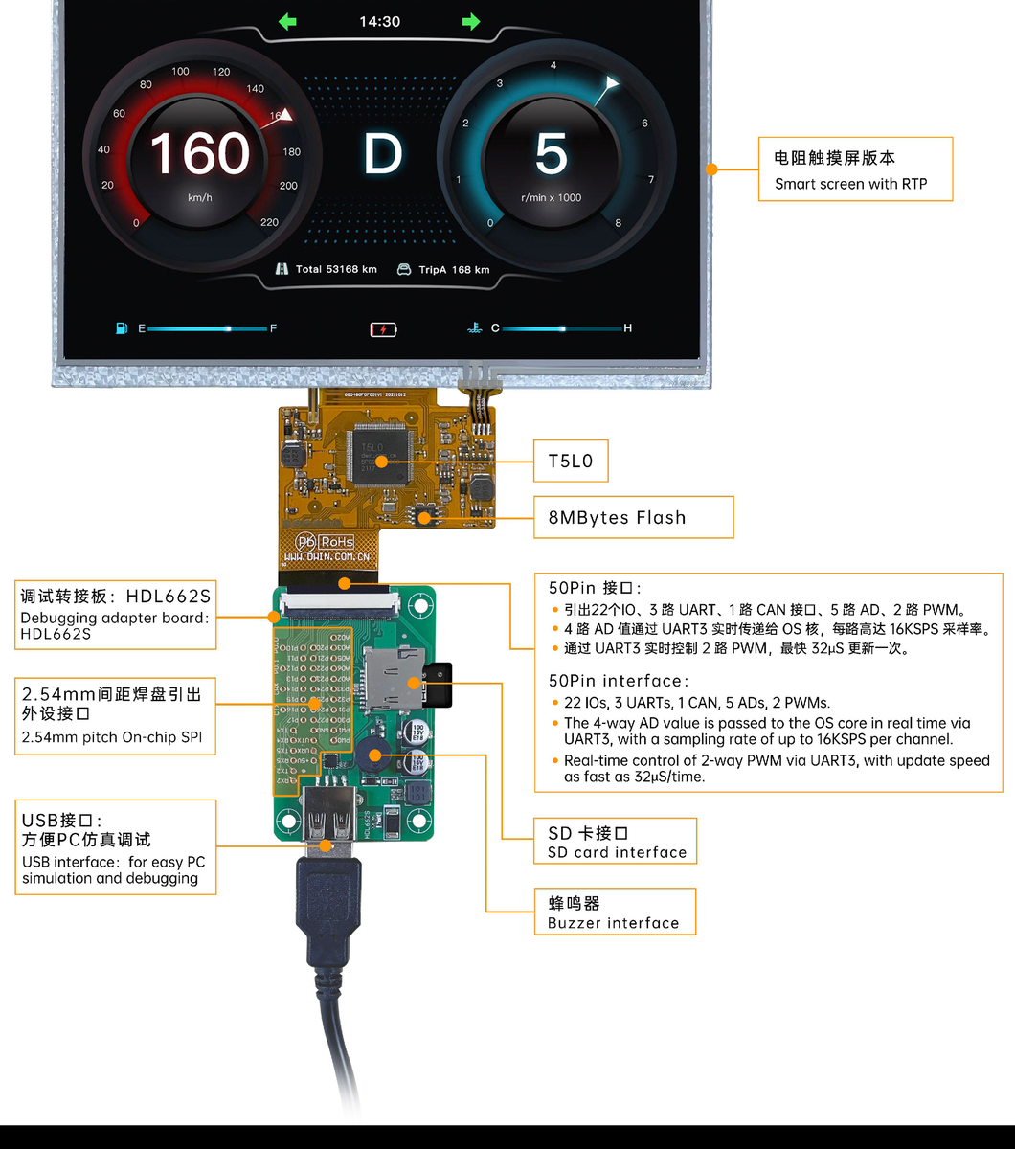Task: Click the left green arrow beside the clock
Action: pos(287,21)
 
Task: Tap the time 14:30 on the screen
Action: pos(379,21)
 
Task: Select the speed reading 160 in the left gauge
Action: pos(199,153)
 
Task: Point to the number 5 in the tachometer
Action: pos(551,154)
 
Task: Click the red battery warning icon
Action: pos(382,329)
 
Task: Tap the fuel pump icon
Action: pos(122,328)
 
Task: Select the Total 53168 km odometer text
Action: pos(327,270)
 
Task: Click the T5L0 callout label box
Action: pos(570,462)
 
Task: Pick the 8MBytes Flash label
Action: pos(617,518)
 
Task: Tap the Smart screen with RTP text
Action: pos(850,184)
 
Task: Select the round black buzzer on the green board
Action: pos(374,756)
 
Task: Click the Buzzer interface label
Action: pos(613,923)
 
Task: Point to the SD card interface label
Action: pos(617,852)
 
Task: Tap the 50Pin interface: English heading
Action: pos(619,681)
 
